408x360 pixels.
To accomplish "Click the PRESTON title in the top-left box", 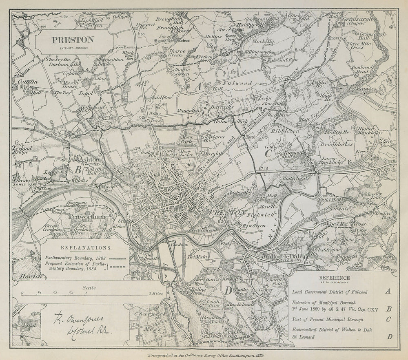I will [72, 40].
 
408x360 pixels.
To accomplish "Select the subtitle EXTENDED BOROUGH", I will [72, 48].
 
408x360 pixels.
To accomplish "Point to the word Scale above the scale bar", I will [89, 287].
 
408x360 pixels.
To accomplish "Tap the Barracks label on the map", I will [222, 107].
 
